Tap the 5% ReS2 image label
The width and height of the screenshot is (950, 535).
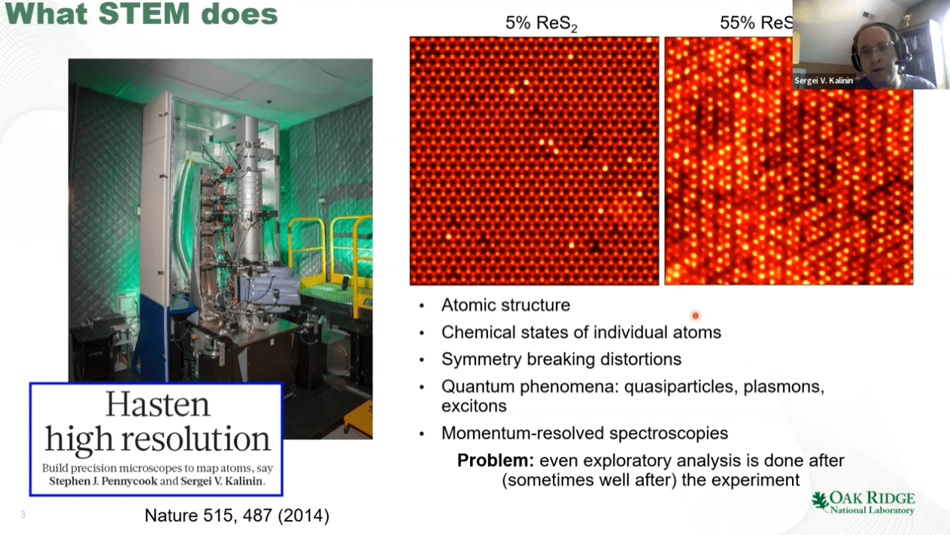click(x=541, y=23)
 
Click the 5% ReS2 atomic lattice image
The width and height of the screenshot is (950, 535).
click(x=534, y=160)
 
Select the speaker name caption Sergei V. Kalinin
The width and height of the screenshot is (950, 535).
click(x=823, y=81)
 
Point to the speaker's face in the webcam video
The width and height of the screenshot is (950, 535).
click(x=876, y=51)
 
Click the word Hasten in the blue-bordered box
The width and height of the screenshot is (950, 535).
click(x=157, y=404)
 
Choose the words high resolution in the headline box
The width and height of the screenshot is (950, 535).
click(x=157, y=439)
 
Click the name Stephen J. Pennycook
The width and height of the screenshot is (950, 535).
click(x=103, y=481)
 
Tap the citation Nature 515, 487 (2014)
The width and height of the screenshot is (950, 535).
click(x=237, y=515)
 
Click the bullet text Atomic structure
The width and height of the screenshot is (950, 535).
click(x=505, y=305)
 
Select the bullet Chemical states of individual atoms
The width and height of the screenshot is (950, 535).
click(x=581, y=332)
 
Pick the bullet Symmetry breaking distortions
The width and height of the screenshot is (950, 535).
click(x=561, y=360)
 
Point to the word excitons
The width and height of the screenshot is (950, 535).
click(x=474, y=406)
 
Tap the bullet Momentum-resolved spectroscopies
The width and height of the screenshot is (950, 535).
click(x=584, y=433)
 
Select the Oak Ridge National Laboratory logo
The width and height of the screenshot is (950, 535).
click(x=863, y=503)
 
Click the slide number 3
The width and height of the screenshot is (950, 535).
click(x=23, y=515)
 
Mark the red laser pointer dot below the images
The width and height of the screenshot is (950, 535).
click(x=696, y=315)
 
